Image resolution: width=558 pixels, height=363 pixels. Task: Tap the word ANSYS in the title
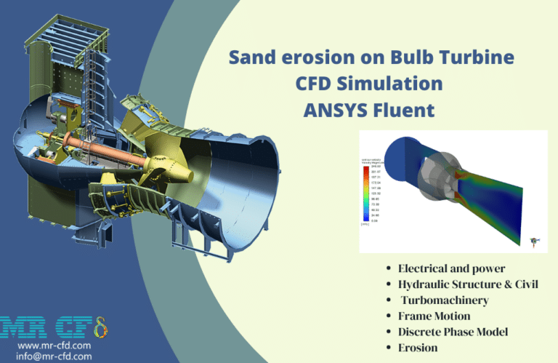pos(342,111)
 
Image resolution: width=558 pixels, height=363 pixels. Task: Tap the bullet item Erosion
pos(419,348)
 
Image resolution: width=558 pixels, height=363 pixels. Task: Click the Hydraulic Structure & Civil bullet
pos(468,284)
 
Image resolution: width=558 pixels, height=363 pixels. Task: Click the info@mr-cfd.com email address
pos(53,356)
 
